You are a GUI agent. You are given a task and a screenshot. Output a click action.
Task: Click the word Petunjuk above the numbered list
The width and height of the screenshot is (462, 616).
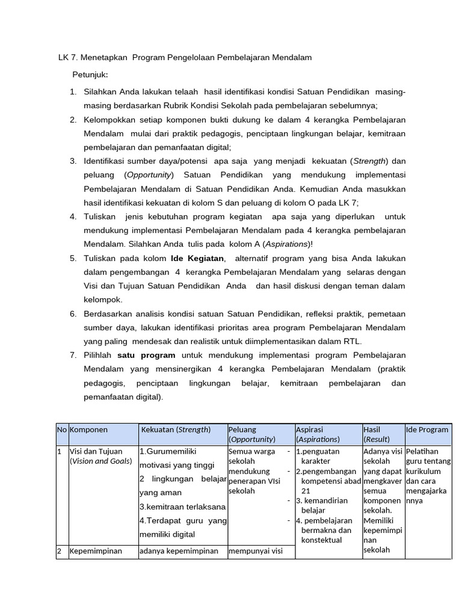[90, 75]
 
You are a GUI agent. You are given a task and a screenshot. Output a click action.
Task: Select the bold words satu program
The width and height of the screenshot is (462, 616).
[146, 355]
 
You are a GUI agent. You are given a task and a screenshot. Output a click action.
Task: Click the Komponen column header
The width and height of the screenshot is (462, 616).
[89, 430]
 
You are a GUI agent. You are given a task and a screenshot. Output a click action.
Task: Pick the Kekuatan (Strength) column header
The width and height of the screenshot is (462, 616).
[175, 430]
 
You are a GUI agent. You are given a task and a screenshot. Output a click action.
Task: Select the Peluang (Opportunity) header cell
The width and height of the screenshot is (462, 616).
[251, 434]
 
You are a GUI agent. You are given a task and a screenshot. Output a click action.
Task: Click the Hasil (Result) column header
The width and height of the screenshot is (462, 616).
[377, 434]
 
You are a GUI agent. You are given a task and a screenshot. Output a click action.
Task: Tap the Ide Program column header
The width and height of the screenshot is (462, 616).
[427, 430]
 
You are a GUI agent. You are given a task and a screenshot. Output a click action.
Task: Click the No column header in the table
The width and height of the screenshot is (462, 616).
[61, 430]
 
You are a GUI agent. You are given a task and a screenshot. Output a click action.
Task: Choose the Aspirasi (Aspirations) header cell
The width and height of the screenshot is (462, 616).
[318, 434]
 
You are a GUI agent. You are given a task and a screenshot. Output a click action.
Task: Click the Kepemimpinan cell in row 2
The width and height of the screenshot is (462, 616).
[96, 550]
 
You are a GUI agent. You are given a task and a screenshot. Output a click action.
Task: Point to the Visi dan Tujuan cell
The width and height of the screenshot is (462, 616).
[96, 456]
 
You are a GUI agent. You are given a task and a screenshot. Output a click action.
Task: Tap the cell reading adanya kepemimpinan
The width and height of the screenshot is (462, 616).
[179, 550]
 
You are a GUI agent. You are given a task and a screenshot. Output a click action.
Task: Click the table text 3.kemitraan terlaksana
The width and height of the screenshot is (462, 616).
[182, 507]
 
